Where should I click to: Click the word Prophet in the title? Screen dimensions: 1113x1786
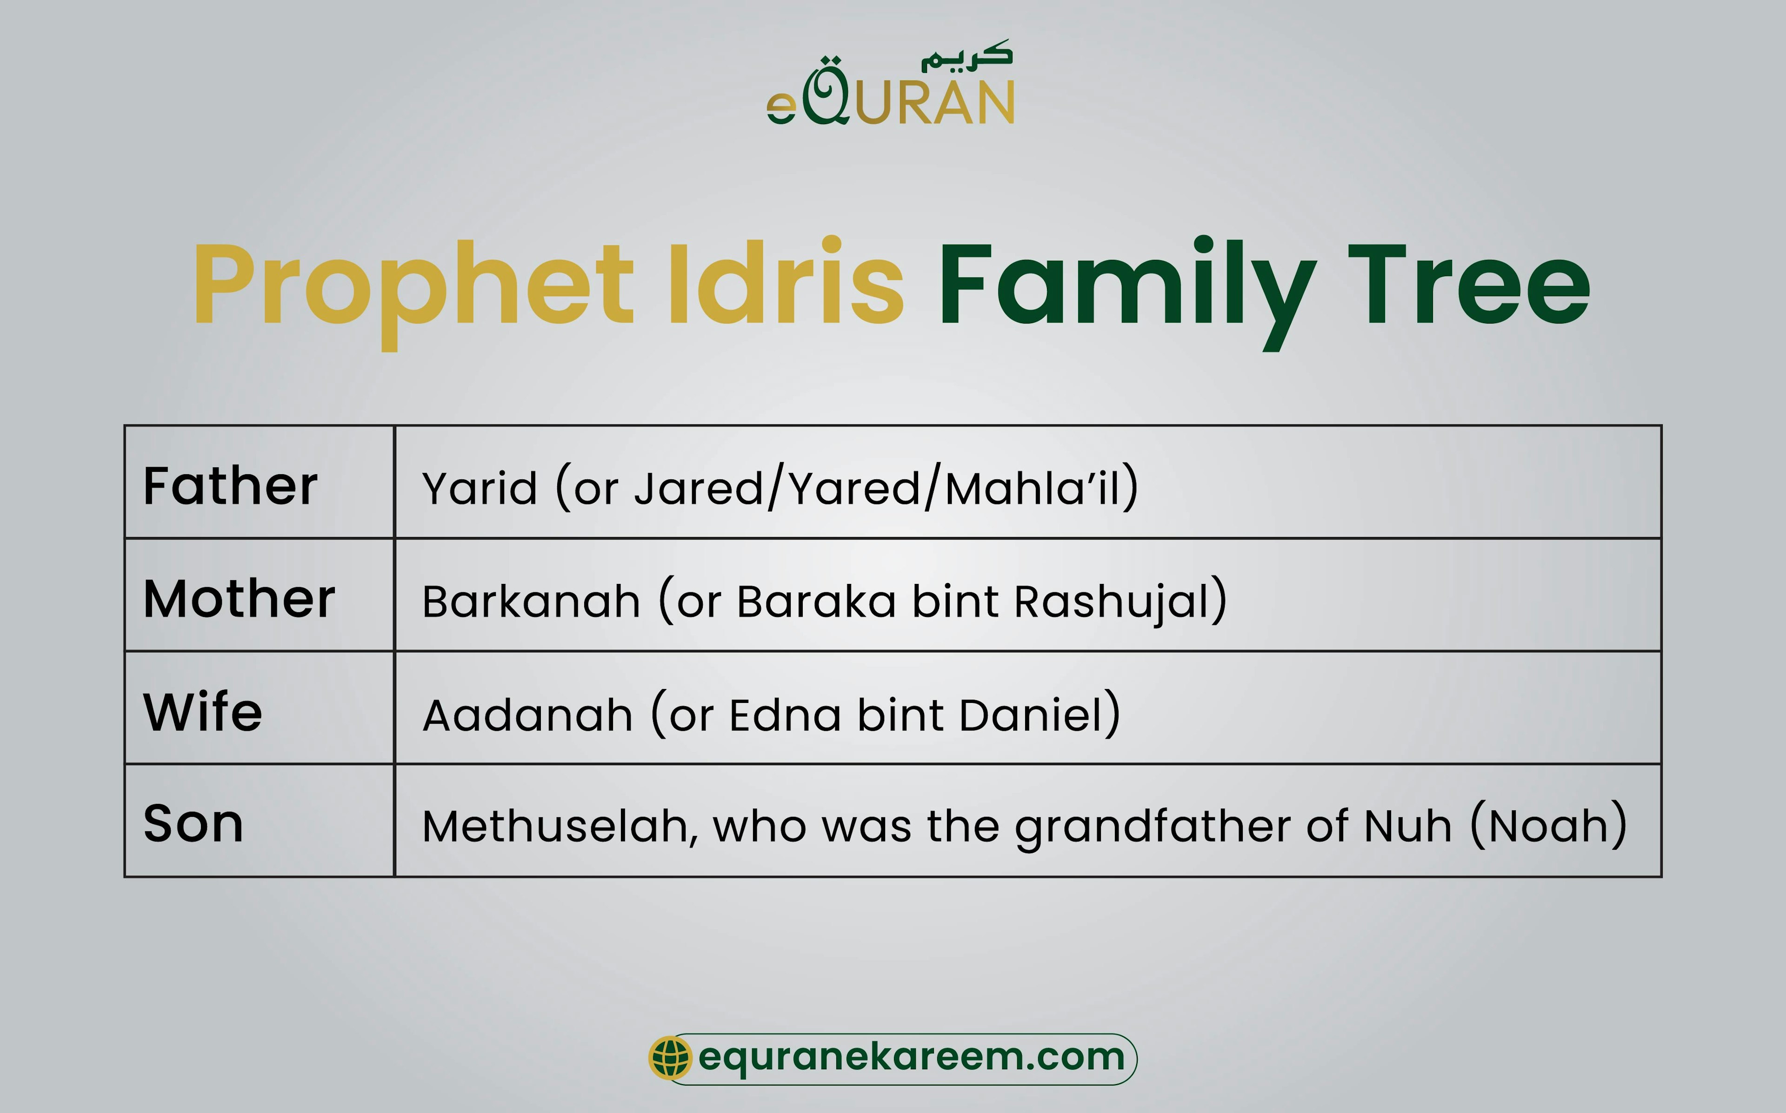[412, 285]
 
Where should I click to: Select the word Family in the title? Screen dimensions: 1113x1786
[1126, 285]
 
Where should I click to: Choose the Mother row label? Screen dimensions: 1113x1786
[239, 598]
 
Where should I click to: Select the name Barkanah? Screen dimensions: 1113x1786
[531, 602]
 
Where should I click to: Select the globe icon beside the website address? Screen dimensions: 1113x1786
[669, 1059]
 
